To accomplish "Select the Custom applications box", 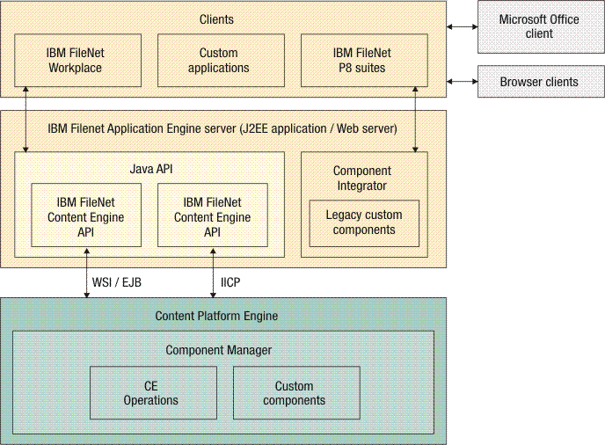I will coord(219,61).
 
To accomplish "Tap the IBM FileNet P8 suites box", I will coord(364,61).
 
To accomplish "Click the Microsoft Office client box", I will coord(539,26).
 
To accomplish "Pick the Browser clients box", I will coord(539,82).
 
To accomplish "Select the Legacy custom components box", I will coord(364,222).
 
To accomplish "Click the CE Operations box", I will coord(153,393).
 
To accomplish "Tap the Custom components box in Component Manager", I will coord(295,393).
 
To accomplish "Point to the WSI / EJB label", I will coord(117,282).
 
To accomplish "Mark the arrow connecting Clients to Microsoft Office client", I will coord(462,27).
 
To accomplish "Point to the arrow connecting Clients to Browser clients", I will coord(462,82).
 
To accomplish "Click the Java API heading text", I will coord(149,166).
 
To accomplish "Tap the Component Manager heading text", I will coord(218,350).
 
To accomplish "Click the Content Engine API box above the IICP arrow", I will coord(212,215).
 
